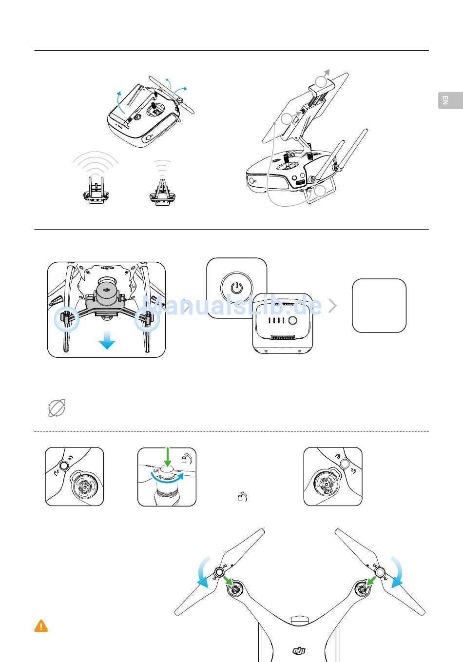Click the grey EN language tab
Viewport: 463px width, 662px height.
point(450,100)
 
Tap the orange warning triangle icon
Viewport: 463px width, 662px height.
point(41,626)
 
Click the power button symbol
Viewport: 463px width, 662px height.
point(237,288)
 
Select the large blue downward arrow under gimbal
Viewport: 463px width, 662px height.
point(107,340)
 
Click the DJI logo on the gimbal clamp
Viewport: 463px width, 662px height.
point(107,290)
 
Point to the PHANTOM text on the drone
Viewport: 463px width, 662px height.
point(107,268)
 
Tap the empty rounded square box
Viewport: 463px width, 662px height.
point(379,306)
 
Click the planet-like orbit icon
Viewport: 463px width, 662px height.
point(57,408)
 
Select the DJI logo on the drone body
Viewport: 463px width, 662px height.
point(299,651)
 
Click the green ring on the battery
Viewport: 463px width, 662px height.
point(292,320)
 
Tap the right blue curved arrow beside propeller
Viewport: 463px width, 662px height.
point(397,572)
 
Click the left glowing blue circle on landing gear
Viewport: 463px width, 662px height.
point(67,319)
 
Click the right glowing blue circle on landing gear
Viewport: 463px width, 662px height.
point(147,319)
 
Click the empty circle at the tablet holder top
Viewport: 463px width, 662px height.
point(321,81)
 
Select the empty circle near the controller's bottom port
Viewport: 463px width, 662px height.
point(320,191)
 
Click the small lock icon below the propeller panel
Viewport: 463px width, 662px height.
point(242,497)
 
